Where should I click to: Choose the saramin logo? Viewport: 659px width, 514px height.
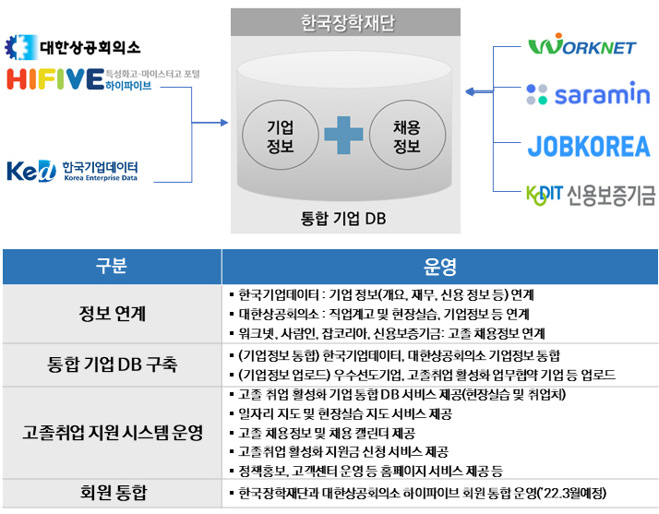point(588,94)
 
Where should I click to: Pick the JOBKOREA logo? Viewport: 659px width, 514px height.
point(588,146)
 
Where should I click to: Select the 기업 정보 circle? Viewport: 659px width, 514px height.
point(280,136)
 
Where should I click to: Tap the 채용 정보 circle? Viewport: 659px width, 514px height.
point(406,136)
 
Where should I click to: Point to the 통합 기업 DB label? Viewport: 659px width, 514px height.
point(343,219)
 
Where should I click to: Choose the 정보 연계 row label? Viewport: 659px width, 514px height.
point(111,314)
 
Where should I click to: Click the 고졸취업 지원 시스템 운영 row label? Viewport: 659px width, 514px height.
point(111,431)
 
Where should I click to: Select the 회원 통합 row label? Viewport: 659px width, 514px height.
point(111,493)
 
